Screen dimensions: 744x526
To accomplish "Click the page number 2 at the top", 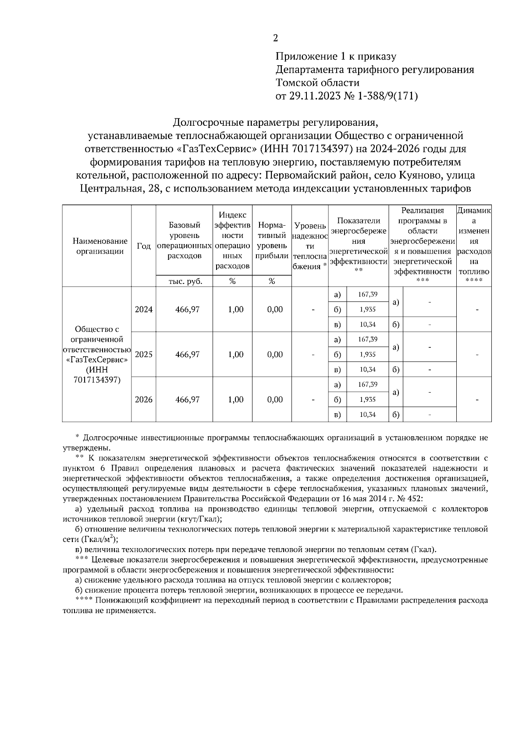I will pyautogui.click(x=275, y=38).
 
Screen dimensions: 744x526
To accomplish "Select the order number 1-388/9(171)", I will pyautogui.click(x=389, y=96).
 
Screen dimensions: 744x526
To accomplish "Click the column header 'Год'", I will pyautogui.click(x=144, y=246).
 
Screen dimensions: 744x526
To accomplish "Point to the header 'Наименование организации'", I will pyautogui.click(x=97, y=246).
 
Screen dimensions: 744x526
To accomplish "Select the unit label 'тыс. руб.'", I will pyautogui.click(x=185, y=281).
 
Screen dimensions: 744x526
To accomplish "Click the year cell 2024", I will pyautogui.click(x=144, y=309).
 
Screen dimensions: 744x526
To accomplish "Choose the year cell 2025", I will pyautogui.click(x=144, y=354).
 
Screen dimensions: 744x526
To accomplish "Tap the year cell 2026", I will pyautogui.click(x=144, y=400).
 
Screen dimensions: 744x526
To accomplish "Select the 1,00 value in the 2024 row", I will pyautogui.click(x=236, y=309).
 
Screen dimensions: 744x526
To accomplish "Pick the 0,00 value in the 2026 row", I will pyautogui.click(x=275, y=400).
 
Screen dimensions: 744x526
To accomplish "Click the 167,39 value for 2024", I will pyautogui.click(x=367, y=294).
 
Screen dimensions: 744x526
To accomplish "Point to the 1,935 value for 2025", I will pyautogui.click(x=367, y=354).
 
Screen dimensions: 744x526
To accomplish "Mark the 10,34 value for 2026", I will pyautogui.click(x=367, y=415).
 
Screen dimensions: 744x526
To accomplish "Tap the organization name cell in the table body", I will pyautogui.click(x=97, y=354).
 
